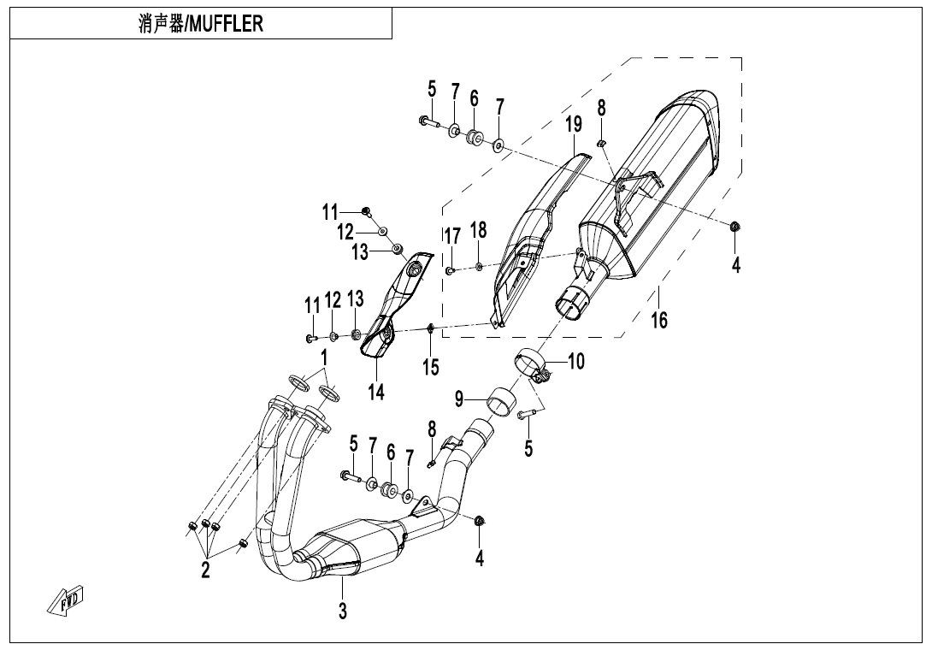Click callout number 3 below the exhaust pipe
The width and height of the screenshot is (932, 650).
point(342,611)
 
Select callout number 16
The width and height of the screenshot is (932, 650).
point(658,321)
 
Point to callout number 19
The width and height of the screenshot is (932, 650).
point(573,124)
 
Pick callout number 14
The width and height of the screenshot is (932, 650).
point(376,392)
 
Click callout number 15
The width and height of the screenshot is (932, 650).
point(431,367)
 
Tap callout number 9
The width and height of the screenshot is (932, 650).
point(459,398)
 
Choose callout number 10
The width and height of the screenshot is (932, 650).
point(576,362)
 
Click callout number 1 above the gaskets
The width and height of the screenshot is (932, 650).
point(324,356)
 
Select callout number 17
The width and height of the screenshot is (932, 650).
point(451,235)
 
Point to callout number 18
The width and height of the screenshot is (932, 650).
point(478,229)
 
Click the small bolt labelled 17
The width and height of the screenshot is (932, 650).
point(450,271)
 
